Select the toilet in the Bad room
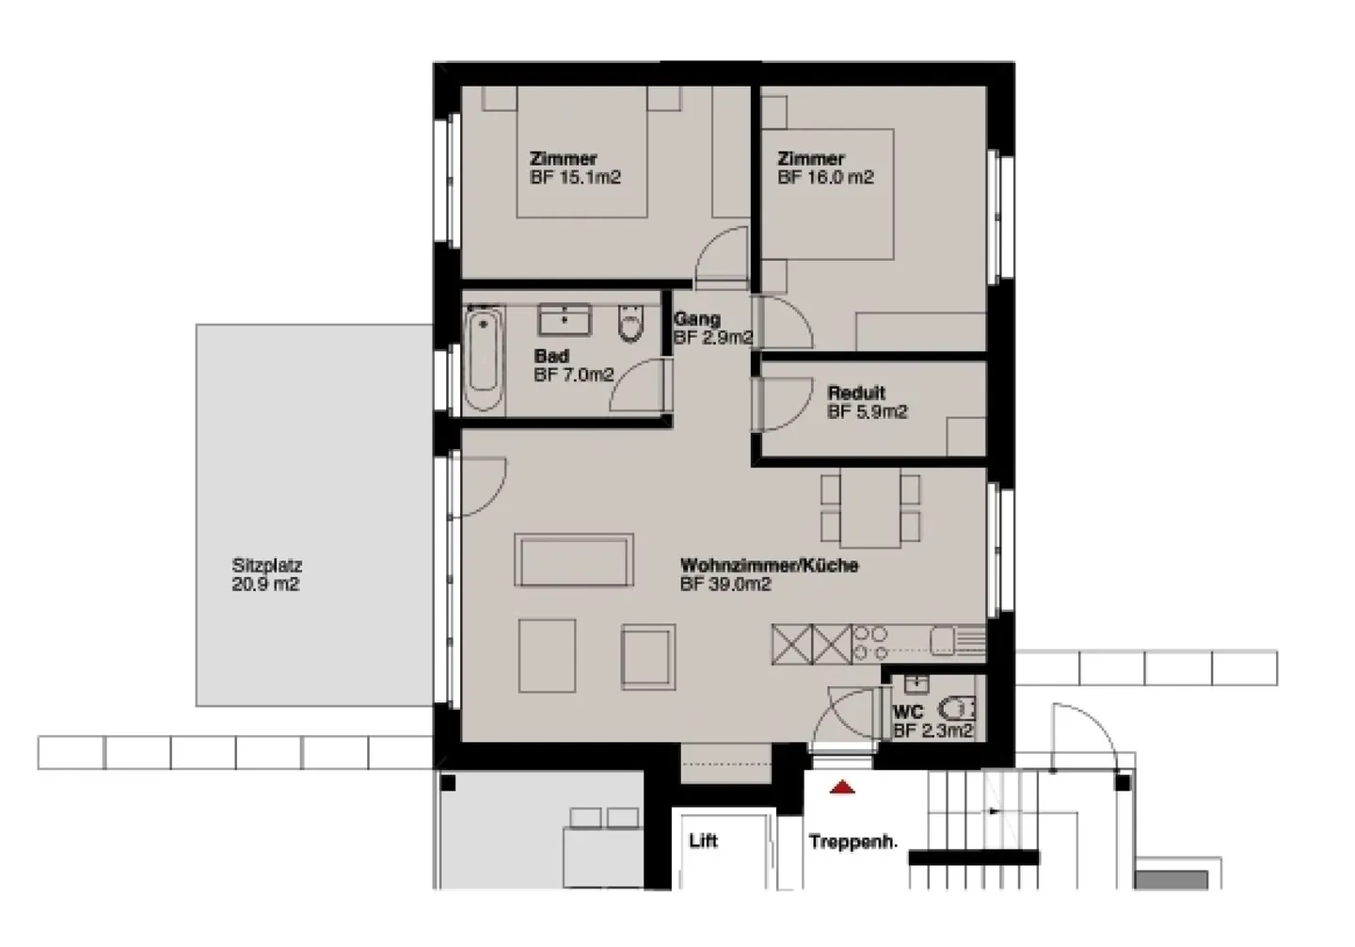630,324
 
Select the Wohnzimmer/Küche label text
769,566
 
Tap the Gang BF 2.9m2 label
711,329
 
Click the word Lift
703,841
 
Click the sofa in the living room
573,560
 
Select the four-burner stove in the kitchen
870,642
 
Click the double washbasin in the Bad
564,319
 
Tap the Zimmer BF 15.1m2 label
575,169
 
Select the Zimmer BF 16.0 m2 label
825,169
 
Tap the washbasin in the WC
914,682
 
